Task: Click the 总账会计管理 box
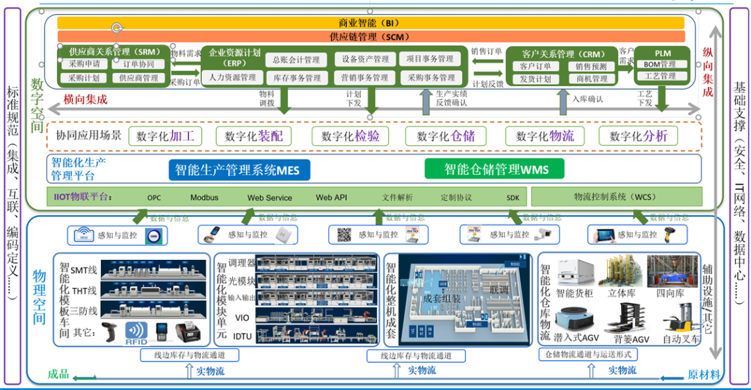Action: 296,60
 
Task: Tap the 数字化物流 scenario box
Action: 545,136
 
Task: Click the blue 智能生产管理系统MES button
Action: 239,170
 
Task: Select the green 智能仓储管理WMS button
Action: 496,169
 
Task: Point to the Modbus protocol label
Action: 204,197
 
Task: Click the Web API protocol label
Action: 331,197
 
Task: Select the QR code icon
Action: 345,235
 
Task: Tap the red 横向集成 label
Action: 85,99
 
